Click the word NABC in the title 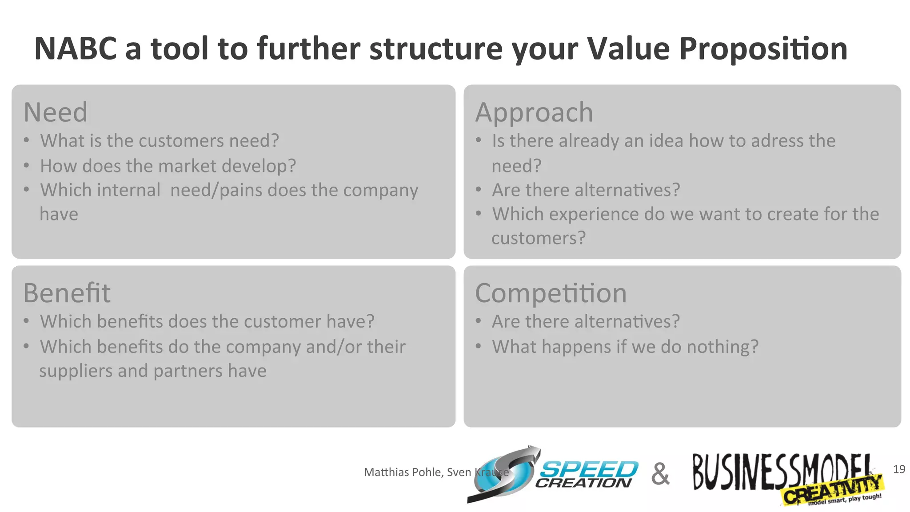click(x=76, y=49)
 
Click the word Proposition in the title click(x=763, y=49)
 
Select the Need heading click(x=56, y=112)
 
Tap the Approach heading click(x=534, y=112)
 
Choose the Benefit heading click(x=67, y=293)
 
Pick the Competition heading click(x=551, y=293)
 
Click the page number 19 click(x=899, y=469)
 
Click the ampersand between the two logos click(x=660, y=474)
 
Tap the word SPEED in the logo click(x=589, y=470)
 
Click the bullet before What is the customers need click(x=27, y=141)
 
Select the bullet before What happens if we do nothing click(x=479, y=347)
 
